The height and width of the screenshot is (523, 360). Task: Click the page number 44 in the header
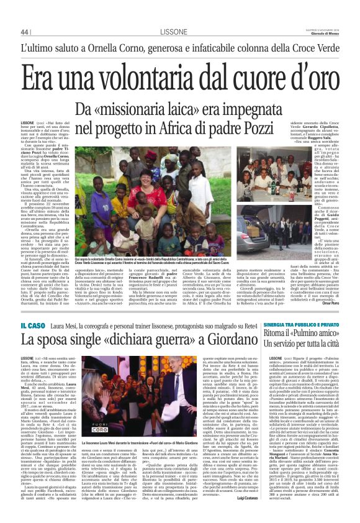[x=25, y=32]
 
